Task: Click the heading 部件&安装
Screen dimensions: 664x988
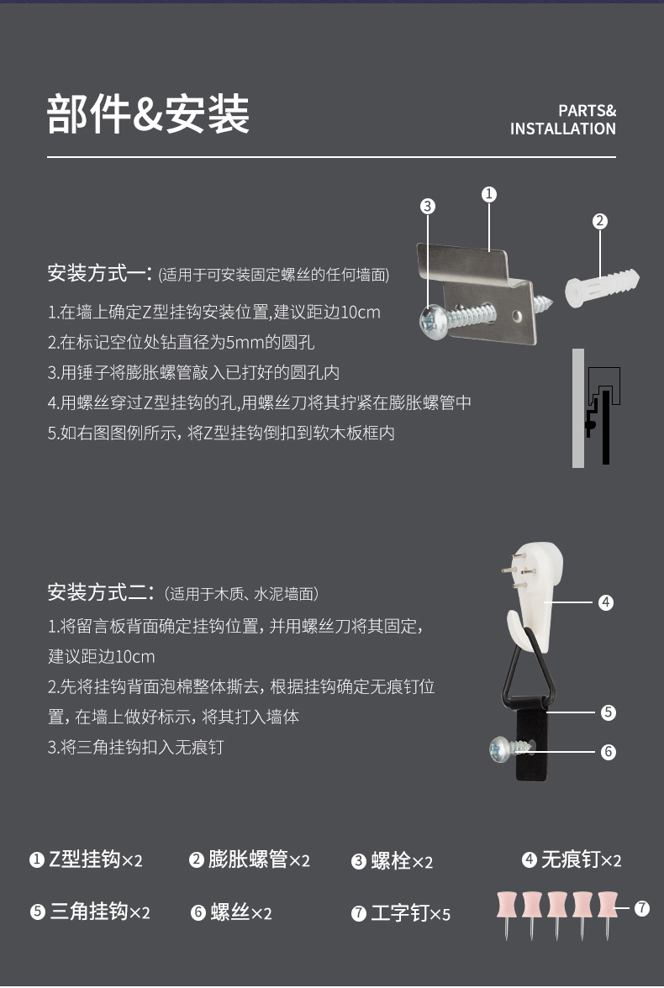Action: tap(149, 114)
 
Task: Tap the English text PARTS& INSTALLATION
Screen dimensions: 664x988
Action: tap(563, 119)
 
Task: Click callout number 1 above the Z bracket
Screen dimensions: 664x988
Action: tap(488, 195)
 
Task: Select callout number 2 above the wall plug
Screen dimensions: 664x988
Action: tap(599, 221)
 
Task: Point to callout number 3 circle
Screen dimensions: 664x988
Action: tap(428, 206)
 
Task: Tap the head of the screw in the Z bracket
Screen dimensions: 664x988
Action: tap(433, 322)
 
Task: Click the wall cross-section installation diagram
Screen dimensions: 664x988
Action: tap(597, 407)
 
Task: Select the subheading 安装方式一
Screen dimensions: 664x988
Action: tap(99, 273)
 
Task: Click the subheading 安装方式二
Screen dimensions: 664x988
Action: tap(100, 592)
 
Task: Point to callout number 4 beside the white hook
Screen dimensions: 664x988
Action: tap(605, 602)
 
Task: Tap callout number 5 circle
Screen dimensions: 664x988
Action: tap(608, 712)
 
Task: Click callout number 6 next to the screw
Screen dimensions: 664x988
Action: tap(608, 752)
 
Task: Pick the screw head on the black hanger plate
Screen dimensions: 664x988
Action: tap(500, 749)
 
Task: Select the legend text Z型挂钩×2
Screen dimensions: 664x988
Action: tap(95, 859)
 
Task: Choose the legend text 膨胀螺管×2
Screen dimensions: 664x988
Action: tap(259, 859)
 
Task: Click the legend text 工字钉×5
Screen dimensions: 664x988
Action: tap(410, 913)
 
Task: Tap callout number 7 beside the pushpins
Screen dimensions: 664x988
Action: tap(642, 908)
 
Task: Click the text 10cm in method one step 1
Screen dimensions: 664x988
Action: tap(360, 312)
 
